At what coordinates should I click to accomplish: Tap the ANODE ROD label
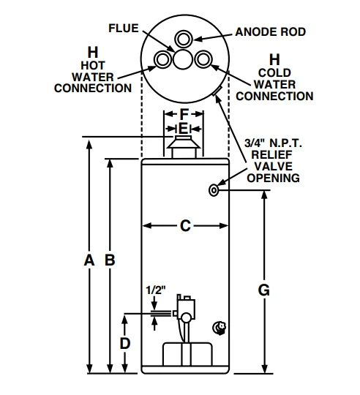270,32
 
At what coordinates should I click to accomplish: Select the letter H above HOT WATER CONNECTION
92,52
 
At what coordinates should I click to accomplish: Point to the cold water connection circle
204,59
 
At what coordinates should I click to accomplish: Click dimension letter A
89,260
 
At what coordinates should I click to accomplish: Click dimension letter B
110,260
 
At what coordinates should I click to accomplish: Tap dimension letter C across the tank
184,226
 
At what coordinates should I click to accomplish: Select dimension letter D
126,342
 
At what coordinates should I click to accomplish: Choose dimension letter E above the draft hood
183,129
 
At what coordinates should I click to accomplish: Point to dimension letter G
264,290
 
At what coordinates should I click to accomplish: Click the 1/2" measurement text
155,290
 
